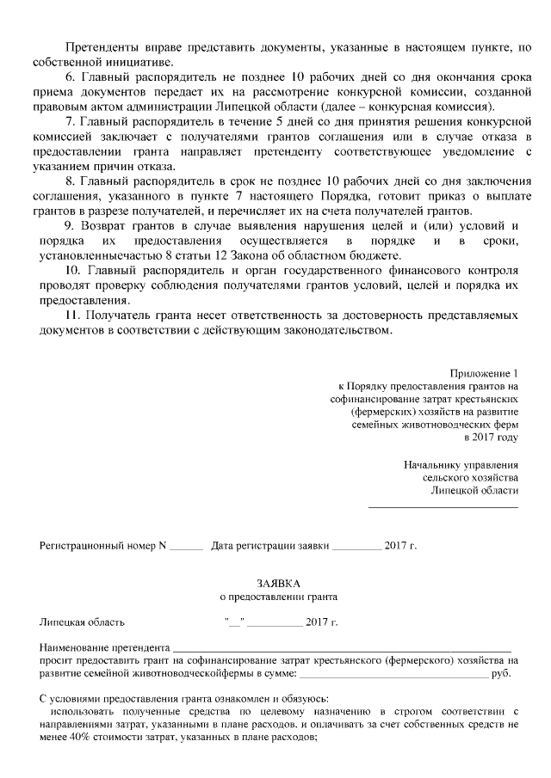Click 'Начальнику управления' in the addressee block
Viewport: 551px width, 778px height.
coord(461,465)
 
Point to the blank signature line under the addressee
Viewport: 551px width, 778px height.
coord(443,505)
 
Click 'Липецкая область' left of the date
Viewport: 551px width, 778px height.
coord(82,621)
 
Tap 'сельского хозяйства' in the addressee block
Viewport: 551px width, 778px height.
coord(471,478)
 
